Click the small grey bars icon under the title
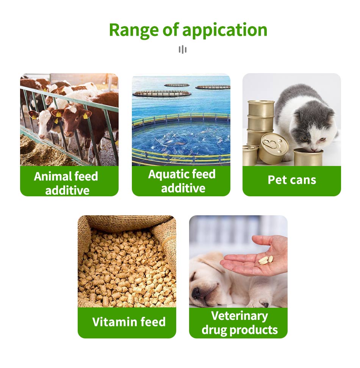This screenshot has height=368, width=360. [x=183, y=50]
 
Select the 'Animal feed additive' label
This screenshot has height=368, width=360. [x=66, y=183]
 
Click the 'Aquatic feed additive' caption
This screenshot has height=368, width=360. [x=182, y=181]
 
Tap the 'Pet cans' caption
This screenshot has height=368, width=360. [x=292, y=180]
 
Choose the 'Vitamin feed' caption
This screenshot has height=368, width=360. [x=129, y=321]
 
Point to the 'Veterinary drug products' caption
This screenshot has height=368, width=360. [x=239, y=323]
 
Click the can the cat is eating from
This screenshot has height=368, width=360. [x=308, y=157]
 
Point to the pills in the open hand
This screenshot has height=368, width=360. [x=266, y=260]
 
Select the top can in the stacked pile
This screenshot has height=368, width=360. [x=261, y=108]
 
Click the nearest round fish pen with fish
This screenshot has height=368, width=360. [x=181, y=139]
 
